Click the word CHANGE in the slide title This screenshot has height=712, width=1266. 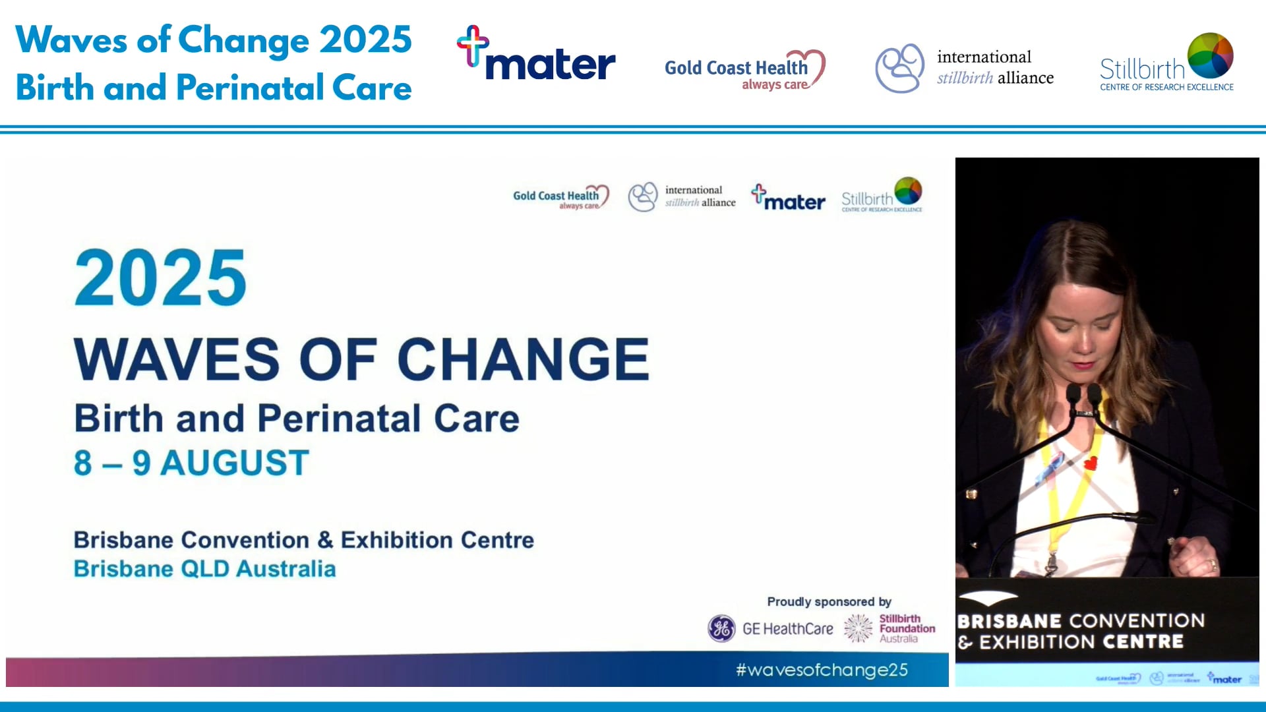523,359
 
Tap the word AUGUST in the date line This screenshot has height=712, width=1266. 235,463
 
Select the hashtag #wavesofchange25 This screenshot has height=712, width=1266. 822,670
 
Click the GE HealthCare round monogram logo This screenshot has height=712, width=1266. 721,628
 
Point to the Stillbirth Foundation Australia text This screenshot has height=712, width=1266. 906,628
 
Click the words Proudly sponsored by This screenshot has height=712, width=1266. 829,601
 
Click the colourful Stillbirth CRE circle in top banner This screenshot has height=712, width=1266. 1210,55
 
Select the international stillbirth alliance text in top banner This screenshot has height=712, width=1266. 994,67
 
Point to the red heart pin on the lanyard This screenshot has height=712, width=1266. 1091,463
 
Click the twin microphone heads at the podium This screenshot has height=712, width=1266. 1083,394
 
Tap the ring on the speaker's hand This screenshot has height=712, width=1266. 1212,564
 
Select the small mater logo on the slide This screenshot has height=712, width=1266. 789,198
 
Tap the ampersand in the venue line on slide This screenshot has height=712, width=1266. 324,540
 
